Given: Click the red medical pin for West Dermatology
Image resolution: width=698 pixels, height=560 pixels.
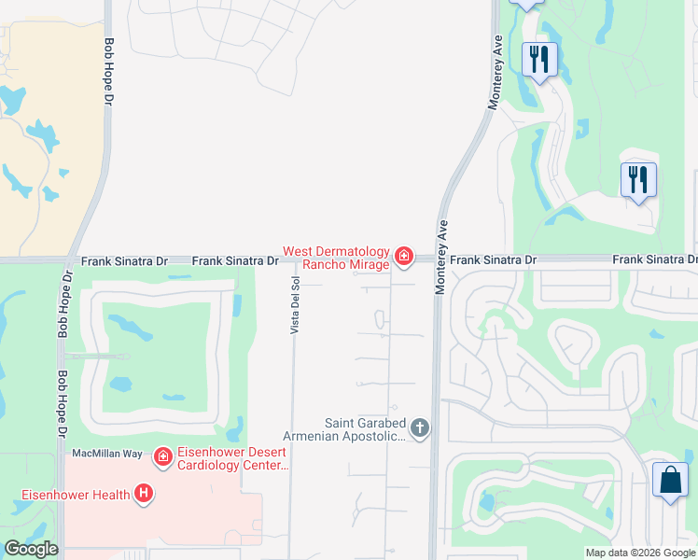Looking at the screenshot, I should tap(403, 255).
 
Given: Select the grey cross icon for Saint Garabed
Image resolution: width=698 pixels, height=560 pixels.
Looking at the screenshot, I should tap(420, 428).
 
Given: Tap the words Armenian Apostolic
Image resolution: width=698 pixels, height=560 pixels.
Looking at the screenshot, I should tap(345, 437).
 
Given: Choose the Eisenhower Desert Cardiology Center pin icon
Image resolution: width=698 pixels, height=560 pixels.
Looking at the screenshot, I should tap(163, 455).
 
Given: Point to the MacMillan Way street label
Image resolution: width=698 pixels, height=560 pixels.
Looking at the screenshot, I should tap(107, 454).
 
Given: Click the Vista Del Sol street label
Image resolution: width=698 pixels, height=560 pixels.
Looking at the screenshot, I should tap(294, 305).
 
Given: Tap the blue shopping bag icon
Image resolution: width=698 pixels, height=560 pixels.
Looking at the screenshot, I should tap(670, 482).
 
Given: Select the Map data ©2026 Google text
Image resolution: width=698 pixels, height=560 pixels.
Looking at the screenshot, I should tap(639, 553).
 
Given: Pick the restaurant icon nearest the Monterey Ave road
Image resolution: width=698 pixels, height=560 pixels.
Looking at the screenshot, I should tap(539, 60).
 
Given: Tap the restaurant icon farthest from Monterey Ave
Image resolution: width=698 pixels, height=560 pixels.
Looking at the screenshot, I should tap(638, 179).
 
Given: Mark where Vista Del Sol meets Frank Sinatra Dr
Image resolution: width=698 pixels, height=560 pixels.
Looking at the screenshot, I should tap(293, 261).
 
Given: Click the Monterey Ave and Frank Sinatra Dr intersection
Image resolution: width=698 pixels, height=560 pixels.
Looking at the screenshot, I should tap(439, 260).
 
